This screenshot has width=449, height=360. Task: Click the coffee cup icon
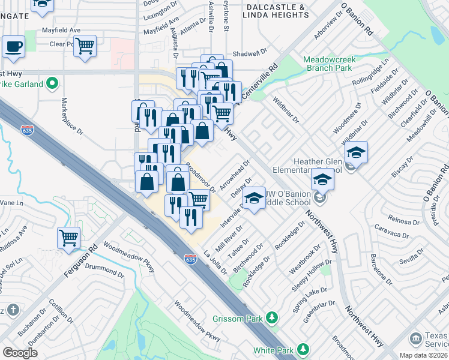[13, 46]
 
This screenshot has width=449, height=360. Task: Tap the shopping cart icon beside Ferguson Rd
[69, 237]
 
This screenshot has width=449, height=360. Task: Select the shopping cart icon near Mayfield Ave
[85, 46]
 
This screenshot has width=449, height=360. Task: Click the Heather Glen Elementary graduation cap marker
[356, 152]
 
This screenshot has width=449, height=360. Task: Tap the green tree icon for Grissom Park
[272, 316]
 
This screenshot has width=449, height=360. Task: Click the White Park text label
[273, 350]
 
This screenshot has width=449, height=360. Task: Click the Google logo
[20, 353]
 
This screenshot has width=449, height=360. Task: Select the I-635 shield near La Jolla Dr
[190, 259]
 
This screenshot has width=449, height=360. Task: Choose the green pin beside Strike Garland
[52, 84]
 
